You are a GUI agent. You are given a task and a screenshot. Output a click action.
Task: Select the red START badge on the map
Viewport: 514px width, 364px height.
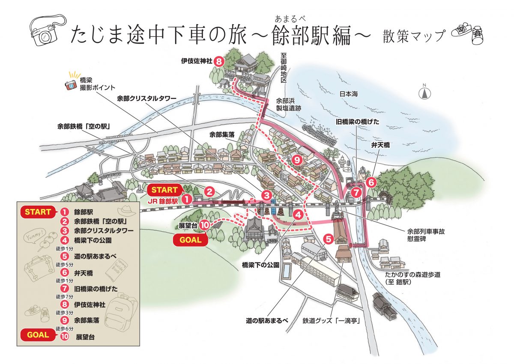coord(164,189)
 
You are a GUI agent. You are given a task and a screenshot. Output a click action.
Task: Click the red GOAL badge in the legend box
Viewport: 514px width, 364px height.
coord(37,335)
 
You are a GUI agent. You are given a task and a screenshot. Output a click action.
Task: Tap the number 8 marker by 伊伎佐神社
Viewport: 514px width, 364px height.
coord(219,62)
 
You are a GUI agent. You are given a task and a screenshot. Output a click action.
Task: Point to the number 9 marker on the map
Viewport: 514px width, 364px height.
coord(296,160)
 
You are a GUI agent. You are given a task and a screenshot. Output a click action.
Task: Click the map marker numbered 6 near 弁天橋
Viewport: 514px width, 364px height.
coord(371,182)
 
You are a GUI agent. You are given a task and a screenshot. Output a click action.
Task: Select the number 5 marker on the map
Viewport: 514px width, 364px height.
coord(329,239)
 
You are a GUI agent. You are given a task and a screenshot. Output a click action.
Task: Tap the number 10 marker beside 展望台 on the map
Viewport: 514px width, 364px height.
coord(204,224)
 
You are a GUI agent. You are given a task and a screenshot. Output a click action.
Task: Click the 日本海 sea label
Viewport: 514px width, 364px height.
coord(348,93)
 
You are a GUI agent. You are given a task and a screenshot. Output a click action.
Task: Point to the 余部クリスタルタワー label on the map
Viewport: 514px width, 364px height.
coord(146,98)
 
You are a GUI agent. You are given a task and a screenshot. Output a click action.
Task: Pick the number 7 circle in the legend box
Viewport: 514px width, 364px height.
coord(65,288)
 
